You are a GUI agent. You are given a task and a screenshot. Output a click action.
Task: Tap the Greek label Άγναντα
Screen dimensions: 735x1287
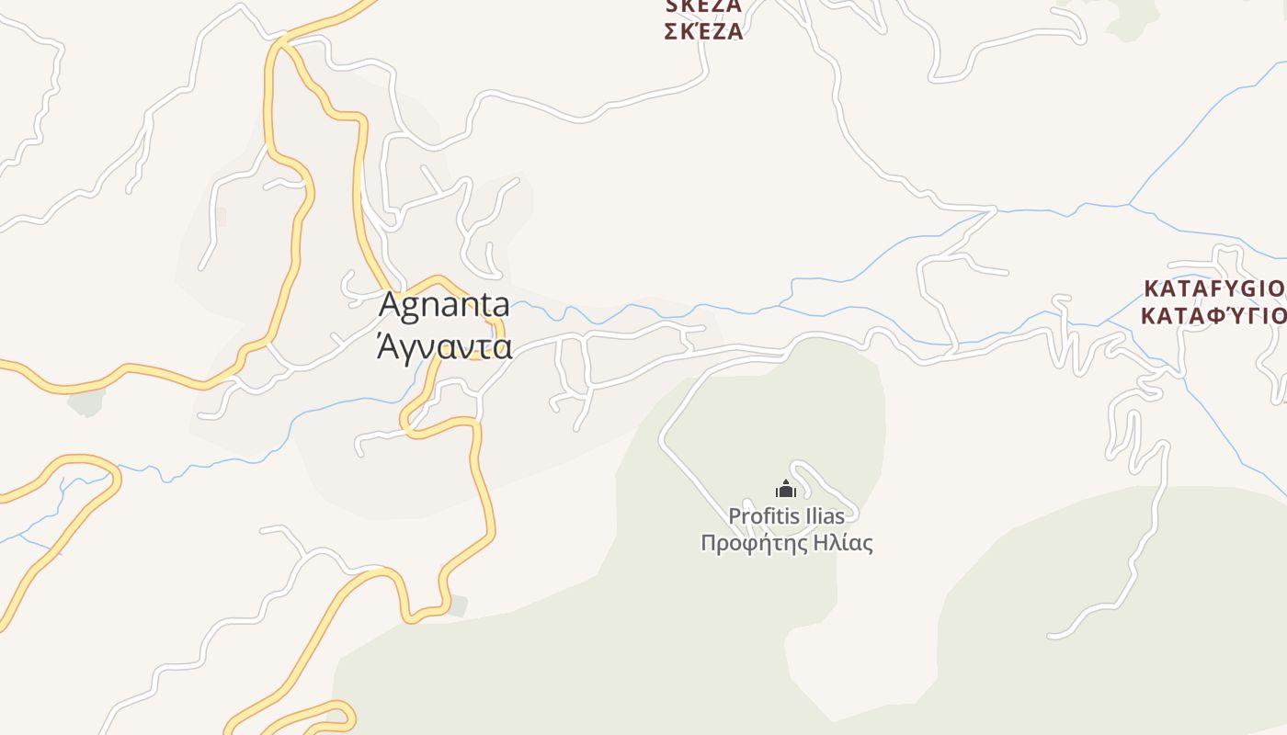[x=444, y=347]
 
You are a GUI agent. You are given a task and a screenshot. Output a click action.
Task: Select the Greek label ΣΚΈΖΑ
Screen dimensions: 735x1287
[x=703, y=31]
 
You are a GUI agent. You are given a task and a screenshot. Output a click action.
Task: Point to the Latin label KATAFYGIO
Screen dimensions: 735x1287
[x=1213, y=288]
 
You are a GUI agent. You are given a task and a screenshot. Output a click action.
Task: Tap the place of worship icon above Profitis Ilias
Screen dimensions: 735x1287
[x=786, y=489]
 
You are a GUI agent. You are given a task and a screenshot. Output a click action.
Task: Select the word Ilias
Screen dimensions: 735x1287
[x=825, y=516]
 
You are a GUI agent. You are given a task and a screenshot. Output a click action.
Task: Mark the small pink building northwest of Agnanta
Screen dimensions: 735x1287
[x=220, y=218]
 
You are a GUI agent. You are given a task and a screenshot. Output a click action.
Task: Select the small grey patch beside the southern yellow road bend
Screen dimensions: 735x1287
[x=457, y=605]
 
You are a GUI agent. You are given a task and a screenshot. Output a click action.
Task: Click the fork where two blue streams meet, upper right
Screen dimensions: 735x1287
[x=1129, y=204]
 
